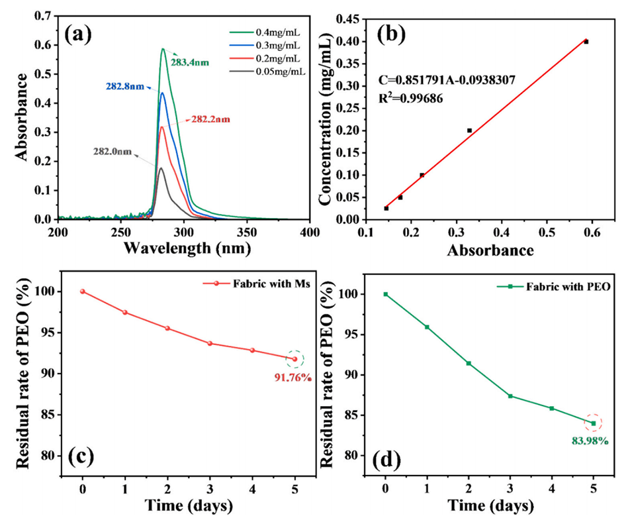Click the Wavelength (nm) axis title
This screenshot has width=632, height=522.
tap(184, 248)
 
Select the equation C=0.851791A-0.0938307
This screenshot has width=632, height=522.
tap(447, 80)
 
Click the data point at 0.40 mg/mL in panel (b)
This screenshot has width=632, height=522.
tap(586, 42)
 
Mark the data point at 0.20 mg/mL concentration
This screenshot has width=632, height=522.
tap(469, 130)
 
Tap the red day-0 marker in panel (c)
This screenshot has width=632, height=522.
tap(83, 291)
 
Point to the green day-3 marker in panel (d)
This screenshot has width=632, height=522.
tap(510, 396)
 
